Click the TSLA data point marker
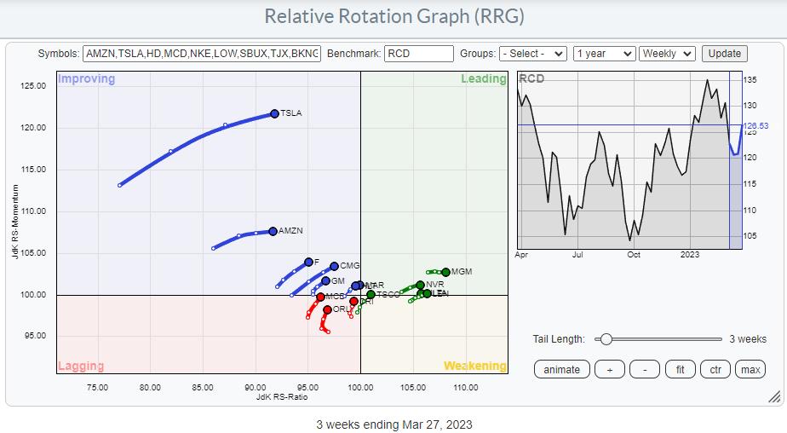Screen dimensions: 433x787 pyautogui.click(x=274, y=113)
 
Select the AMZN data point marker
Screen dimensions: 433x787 pyautogui.click(x=273, y=231)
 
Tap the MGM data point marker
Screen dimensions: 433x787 pyautogui.click(x=445, y=272)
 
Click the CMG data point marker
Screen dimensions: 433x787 pyautogui.click(x=334, y=266)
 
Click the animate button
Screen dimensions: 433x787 pyautogui.click(x=561, y=369)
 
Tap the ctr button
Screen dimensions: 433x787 pyautogui.click(x=715, y=369)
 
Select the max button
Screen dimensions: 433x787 pyautogui.click(x=750, y=369)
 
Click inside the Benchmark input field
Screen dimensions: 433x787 pyautogui.click(x=418, y=54)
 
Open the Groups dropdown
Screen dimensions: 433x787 pyautogui.click(x=532, y=54)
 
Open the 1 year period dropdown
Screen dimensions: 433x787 pyautogui.click(x=604, y=54)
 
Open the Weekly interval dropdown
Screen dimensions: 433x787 pyautogui.click(x=667, y=54)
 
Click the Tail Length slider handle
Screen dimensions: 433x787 pyautogui.click(x=606, y=338)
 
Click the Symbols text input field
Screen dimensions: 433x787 pyautogui.click(x=202, y=54)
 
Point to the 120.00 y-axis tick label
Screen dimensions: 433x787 pyautogui.click(x=34, y=128)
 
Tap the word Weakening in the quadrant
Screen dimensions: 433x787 pyautogui.click(x=474, y=367)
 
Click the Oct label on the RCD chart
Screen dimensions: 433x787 pyautogui.click(x=633, y=254)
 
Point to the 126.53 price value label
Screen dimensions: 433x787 pyautogui.click(x=755, y=126)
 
